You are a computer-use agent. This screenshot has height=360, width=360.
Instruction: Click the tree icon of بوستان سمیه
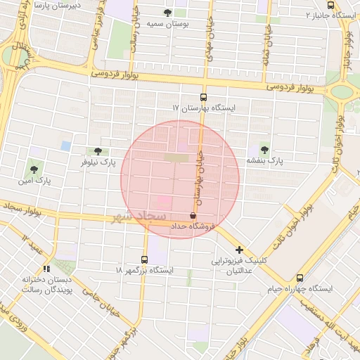pyautogui.click(x=167, y=13)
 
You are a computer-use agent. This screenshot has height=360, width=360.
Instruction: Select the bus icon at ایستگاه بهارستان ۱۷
pyautogui.click(x=204, y=98)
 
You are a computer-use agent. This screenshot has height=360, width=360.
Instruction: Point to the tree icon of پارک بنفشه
pyautogui.click(x=264, y=149)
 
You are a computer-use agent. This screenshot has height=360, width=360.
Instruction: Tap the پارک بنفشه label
pyautogui.click(x=264, y=160)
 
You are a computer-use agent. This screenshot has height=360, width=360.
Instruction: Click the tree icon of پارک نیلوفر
pyautogui.click(x=97, y=151)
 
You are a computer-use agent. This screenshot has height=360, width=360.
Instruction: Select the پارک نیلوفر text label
pyautogui.click(x=97, y=162)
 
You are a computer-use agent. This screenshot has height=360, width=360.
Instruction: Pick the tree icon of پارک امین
pyautogui.click(x=33, y=169)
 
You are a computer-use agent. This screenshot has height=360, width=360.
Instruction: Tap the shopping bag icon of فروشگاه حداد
pyautogui.click(x=193, y=215)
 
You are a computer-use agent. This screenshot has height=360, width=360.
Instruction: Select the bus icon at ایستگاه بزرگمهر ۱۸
pyautogui.click(x=144, y=259)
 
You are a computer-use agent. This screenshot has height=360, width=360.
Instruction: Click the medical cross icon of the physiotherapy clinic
pyautogui.click(x=240, y=250)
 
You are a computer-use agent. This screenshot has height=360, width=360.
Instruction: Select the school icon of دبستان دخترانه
pyautogui.click(x=46, y=268)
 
